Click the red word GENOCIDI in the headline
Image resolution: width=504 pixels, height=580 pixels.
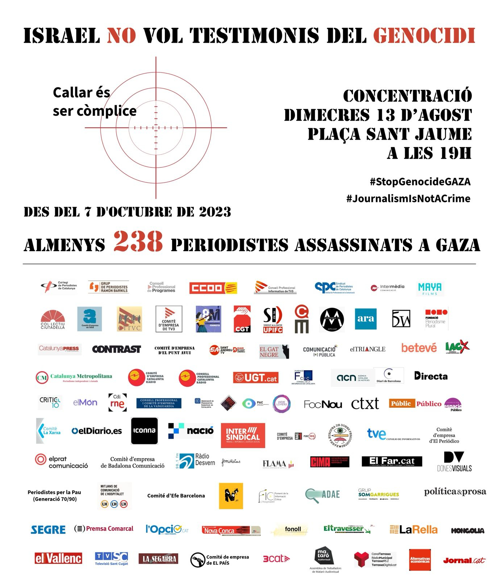click(x=424, y=36)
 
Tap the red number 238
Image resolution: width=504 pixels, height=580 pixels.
click(x=138, y=242)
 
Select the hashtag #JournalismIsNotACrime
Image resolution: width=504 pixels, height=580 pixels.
click(x=408, y=198)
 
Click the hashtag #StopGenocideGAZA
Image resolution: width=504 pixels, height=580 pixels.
click(x=420, y=181)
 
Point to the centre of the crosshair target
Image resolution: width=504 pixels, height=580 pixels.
click(x=156, y=128)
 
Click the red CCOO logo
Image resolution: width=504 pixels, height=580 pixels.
click(x=213, y=288)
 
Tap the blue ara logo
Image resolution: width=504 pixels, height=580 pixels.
click(x=366, y=319)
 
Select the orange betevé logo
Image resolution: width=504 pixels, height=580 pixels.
click(x=419, y=348)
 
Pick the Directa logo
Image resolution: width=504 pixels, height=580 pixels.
click(x=431, y=376)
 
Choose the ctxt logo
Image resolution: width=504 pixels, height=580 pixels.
click(x=365, y=403)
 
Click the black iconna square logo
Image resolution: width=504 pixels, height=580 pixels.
click(x=144, y=431)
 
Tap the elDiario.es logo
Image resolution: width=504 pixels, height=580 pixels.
click(x=97, y=431)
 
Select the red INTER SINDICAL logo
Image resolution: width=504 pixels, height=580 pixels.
click(x=243, y=435)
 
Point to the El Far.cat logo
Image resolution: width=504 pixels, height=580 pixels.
click(x=392, y=461)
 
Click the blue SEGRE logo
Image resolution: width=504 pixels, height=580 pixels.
click(x=48, y=530)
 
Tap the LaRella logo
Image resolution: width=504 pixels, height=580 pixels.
click(x=413, y=530)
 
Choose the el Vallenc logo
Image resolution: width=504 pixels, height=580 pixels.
click(x=58, y=558)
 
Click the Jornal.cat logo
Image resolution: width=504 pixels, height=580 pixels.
click(x=464, y=560)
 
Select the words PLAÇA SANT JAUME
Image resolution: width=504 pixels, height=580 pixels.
click(x=390, y=134)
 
